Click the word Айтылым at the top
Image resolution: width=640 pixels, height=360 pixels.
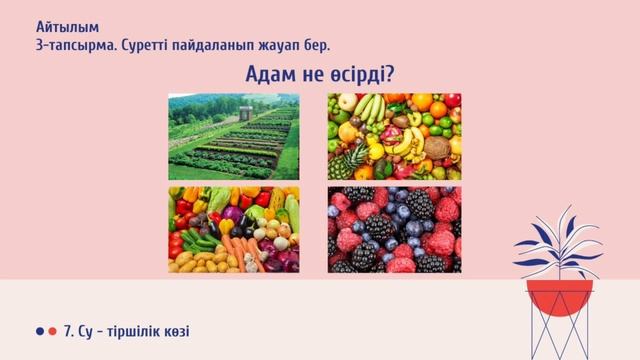click(61, 26)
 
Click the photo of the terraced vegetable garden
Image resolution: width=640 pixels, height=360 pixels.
click(234, 136)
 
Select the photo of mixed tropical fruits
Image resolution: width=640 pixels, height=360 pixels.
click(394, 136)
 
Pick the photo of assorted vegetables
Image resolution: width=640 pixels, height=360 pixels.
click(234, 229)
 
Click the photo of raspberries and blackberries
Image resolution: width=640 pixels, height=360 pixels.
click(394, 229)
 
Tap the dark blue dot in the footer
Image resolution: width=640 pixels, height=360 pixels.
click(40, 331)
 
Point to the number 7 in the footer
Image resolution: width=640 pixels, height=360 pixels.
click(67, 331)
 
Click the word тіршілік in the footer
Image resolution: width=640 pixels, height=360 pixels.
click(139, 331)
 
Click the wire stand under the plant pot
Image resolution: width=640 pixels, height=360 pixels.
click(561, 335)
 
